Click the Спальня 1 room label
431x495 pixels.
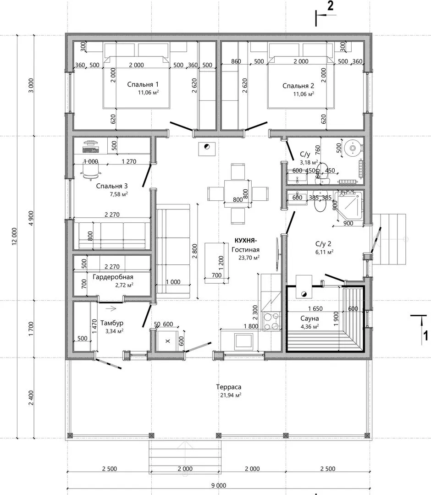tap(143, 84)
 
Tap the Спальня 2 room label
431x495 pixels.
tap(298, 86)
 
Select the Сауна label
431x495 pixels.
tap(309, 319)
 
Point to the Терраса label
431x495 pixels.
tap(229, 387)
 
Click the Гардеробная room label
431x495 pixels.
tap(113, 277)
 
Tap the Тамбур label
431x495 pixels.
tap(112, 323)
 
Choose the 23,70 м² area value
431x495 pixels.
tap(249, 258)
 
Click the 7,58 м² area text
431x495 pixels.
tap(119, 194)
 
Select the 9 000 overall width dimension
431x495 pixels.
tap(219, 485)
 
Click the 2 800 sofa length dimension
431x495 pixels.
tap(194, 251)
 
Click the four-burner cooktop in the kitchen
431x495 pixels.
tap(271, 321)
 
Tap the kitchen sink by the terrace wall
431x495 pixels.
tap(243, 341)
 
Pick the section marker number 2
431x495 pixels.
tap(330, 5)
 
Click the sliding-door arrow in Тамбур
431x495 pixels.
tap(111, 309)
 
